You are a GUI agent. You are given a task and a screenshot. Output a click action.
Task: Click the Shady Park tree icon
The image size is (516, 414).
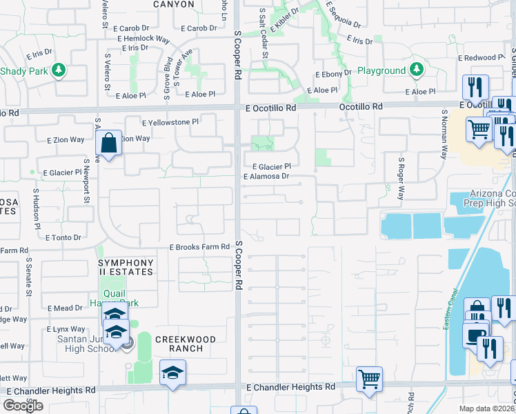tap(59, 70)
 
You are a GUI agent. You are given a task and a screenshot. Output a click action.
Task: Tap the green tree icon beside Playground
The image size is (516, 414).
tap(416, 70)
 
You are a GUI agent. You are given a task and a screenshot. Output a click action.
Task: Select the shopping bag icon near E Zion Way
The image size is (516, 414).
tap(109, 144)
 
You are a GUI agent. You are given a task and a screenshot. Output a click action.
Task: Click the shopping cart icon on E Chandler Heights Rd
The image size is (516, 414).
tap(369, 378)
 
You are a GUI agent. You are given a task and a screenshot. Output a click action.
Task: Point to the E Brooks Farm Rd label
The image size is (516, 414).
tap(199, 247)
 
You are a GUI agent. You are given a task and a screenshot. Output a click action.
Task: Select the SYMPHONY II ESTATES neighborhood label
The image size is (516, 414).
tap(126, 268)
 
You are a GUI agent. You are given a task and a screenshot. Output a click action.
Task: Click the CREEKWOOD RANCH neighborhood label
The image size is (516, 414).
tap(185, 344)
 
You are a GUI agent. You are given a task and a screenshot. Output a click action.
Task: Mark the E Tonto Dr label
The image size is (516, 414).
tap(63, 237)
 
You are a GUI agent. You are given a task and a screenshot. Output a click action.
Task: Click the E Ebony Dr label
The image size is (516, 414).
tap(334, 75)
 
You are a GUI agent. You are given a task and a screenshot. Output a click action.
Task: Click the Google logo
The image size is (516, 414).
tap(23, 406)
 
